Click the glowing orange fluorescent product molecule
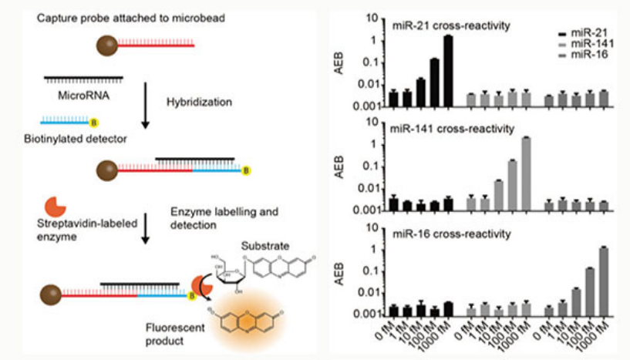click(x=251, y=318)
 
